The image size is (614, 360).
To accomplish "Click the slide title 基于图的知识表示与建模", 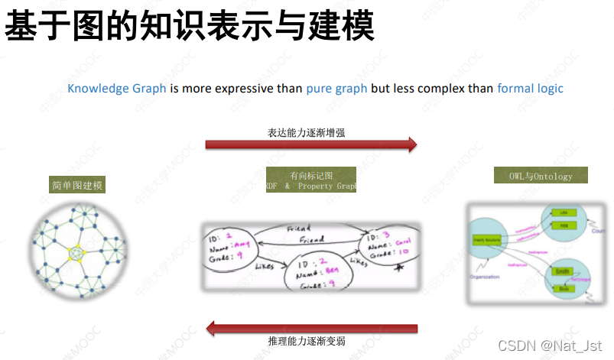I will pos(190,28).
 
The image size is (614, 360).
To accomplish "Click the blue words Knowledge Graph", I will pos(117,88).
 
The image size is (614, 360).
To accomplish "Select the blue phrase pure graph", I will pos(336,88).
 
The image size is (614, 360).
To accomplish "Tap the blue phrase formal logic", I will pos(530,88).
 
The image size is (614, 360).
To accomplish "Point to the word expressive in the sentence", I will pos(242,88).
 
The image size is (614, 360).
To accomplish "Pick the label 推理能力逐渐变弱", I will pos(307,341).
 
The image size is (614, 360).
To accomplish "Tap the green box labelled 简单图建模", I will pos(77,185).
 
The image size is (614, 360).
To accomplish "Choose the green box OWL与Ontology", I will pos(541,176).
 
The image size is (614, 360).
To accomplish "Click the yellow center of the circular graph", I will pos(76,252).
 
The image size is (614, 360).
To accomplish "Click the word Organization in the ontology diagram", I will pos(483,277).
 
